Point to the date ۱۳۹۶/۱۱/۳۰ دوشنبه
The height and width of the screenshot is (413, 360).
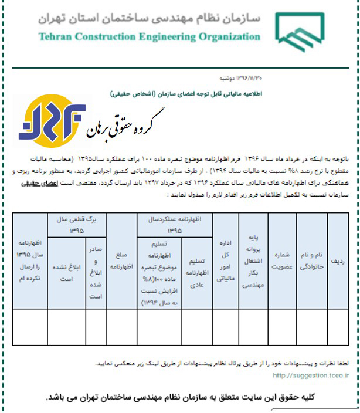(223, 77)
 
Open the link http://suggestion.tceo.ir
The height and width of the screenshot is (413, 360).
(311, 376)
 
